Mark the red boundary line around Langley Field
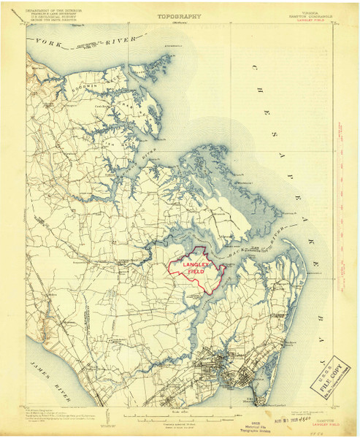click(172, 270)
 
